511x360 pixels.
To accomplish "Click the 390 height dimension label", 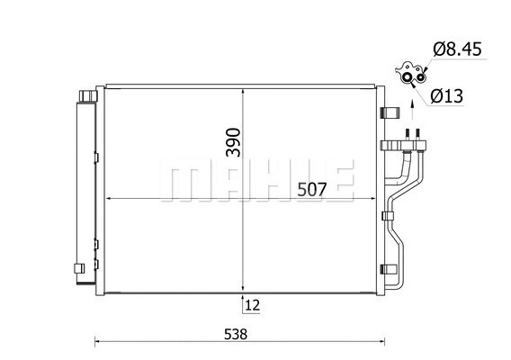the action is coord(233,142).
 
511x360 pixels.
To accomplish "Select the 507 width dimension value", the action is coord(312,190).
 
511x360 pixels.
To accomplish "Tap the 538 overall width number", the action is coord(236,334).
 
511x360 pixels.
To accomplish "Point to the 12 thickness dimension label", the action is coord(253,305).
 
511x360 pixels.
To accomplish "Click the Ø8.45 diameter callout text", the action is coord(457,49).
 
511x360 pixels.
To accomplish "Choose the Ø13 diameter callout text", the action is coord(447,96).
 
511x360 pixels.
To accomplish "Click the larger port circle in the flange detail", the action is coord(408,77).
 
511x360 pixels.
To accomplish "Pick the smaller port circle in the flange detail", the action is coord(420,77).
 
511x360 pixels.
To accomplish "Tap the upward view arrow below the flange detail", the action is coord(412,111).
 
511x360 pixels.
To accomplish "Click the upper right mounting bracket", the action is coord(390,112).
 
